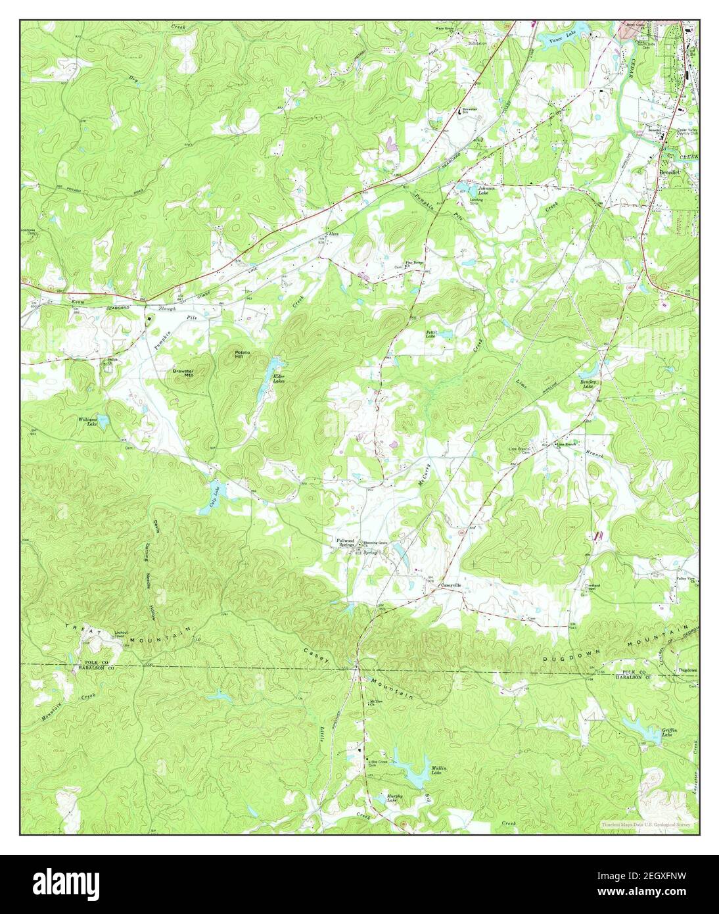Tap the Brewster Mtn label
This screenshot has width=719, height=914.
[x=183, y=372]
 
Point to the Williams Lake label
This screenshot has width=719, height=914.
[x=88, y=421]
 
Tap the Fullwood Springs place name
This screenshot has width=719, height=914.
[x=342, y=542]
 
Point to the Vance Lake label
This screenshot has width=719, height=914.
[x=560, y=40]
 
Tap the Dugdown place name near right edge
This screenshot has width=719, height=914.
[x=687, y=670]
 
